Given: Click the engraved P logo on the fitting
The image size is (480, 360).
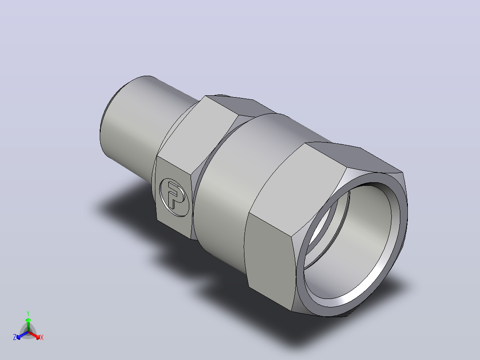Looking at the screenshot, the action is pyautogui.click(x=174, y=197).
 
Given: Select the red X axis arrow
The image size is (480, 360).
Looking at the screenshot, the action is pyautogui.click(x=35, y=335).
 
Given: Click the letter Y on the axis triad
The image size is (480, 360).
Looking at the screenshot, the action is pyautogui.click(x=28, y=313).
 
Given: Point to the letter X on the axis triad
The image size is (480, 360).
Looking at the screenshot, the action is pyautogui.click(x=42, y=337).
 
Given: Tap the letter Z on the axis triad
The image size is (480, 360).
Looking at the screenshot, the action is pyautogui.click(x=15, y=337).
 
